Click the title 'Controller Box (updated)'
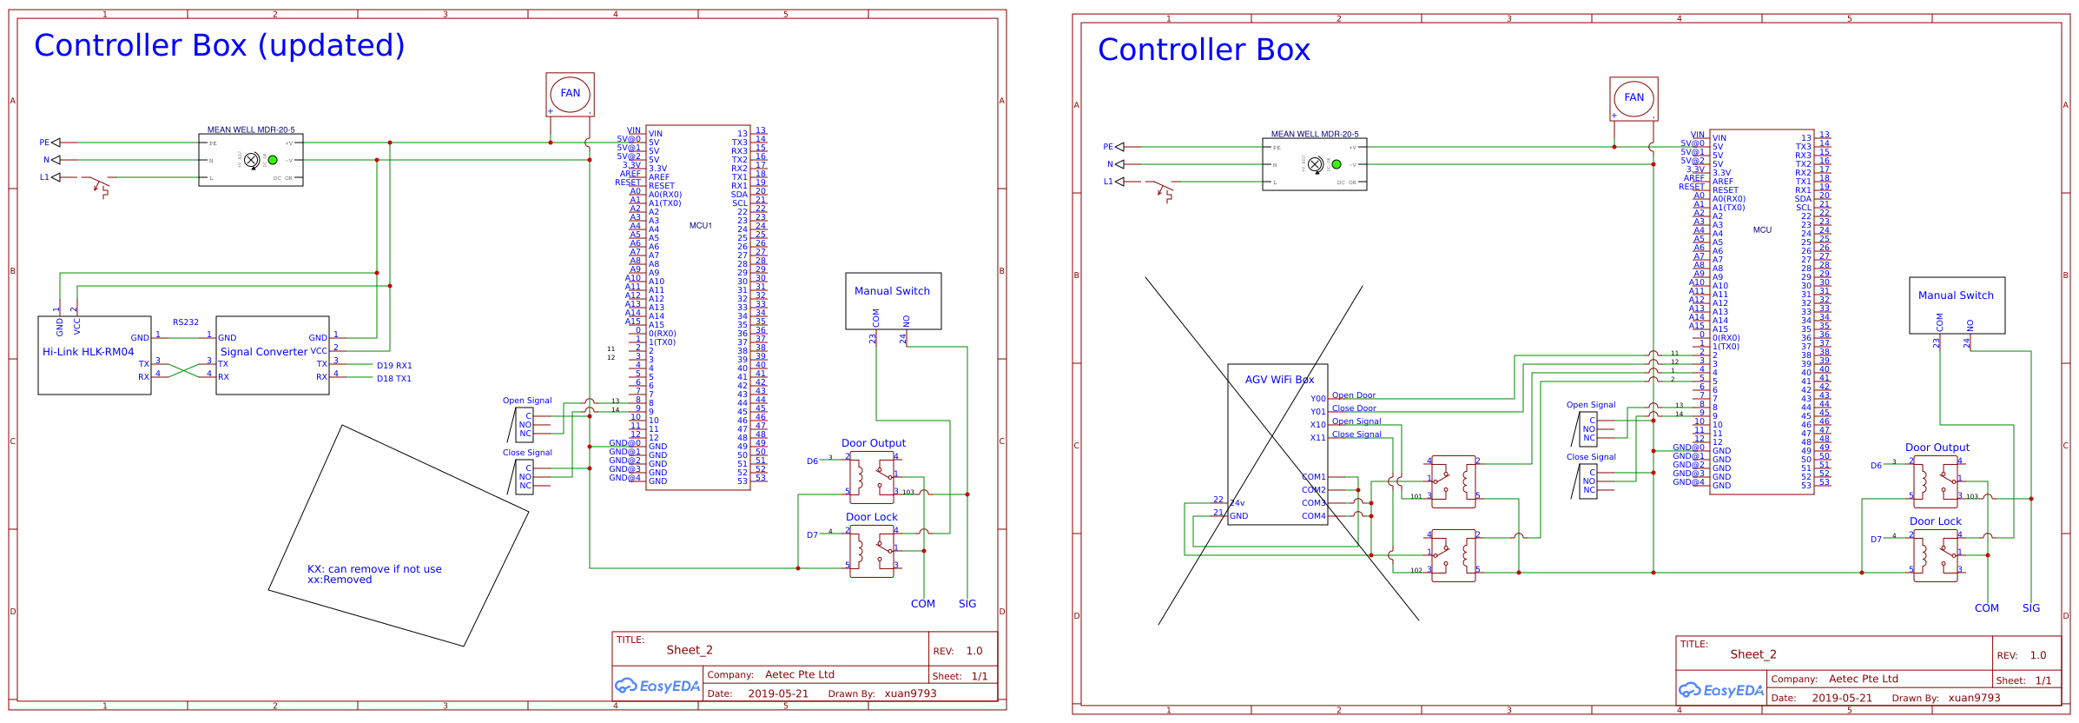pyautogui.click(x=219, y=45)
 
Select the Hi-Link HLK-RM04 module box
pyautogui.click(x=94, y=355)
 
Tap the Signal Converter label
pyautogui.click(x=264, y=352)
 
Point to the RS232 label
pyautogui.click(x=185, y=322)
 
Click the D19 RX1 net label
pyautogui.click(x=394, y=366)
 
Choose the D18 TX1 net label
pyautogui.click(x=394, y=379)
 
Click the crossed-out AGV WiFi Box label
pyautogui.click(x=1279, y=380)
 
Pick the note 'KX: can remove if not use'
pyautogui.click(x=374, y=569)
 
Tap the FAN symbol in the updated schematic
pyautogui.click(x=570, y=94)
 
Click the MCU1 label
pyautogui.click(x=700, y=226)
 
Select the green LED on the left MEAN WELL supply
pyautogui.click(x=273, y=160)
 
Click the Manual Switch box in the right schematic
pyautogui.click(x=1956, y=305)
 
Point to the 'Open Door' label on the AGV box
pyautogui.click(x=1353, y=395)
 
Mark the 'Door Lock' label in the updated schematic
pyautogui.click(x=871, y=517)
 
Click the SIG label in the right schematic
pyautogui.click(x=2030, y=608)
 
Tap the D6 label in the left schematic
pyautogui.click(x=812, y=461)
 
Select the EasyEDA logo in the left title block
pyautogui.click(x=657, y=686)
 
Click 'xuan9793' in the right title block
pyautogui.click(x=1974, y=698)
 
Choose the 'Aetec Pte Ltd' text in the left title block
pyautogui.click(x=799, y=674)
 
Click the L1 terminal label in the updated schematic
pyautogui.click(x=44, y=177)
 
